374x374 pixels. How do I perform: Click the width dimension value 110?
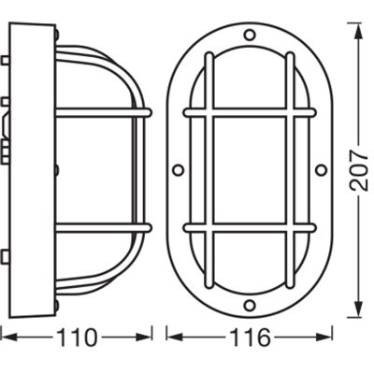(77, 336)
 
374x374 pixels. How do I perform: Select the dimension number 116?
(249, 336)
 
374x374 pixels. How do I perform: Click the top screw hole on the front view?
(249, 36)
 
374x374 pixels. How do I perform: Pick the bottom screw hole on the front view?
(249, 306)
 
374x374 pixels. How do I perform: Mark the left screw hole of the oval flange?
(178, 170)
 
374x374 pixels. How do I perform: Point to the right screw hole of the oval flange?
(321, 170)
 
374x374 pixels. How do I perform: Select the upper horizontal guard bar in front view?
(249, 113)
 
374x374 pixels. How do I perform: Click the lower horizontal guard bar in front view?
(249, 227)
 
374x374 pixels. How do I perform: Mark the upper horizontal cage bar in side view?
(103, 113)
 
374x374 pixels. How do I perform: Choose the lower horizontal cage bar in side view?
(103, 227)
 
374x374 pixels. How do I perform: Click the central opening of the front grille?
(249, 170)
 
